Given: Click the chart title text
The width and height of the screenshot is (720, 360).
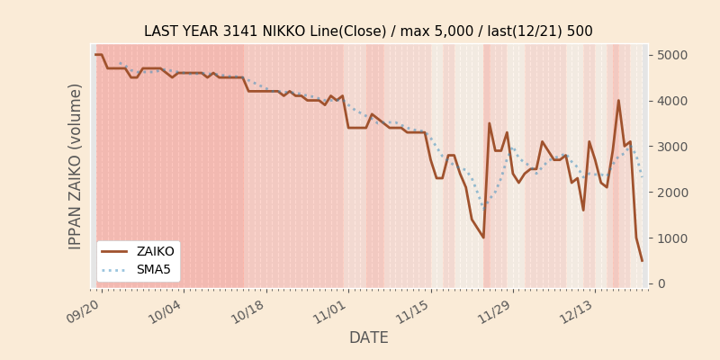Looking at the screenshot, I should (368, 31).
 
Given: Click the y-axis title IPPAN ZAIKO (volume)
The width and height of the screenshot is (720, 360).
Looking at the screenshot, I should (76, 166).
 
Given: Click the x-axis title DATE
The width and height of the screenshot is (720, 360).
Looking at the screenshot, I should (368, 337).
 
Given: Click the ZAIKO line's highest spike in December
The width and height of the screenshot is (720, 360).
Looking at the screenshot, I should (618, 101).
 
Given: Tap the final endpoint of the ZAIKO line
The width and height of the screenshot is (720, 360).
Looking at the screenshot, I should (642, 261).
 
